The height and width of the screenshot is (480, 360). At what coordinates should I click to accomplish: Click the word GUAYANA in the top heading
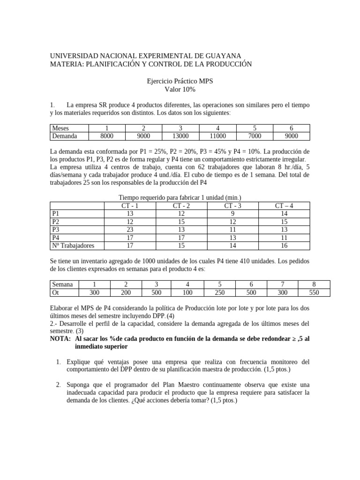[222, 55]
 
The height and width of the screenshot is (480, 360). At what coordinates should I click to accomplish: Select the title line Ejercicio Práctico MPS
[180, 81]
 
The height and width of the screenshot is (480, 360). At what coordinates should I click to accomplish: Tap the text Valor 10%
[180, 89]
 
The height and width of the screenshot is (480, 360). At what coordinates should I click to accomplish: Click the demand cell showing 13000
[180, 136]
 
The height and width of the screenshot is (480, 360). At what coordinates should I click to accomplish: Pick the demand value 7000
[255, 136]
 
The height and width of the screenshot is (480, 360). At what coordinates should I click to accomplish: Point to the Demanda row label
[64, 136]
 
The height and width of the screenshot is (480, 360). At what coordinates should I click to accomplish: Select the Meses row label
[60, 128]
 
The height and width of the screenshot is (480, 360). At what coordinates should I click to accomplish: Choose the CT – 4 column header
[285, 205]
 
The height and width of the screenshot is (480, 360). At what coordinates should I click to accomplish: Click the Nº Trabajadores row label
[73, 246]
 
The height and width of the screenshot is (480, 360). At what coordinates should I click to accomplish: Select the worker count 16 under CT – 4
[285, 246]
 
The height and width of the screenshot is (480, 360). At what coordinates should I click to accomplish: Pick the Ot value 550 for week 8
[314, 292]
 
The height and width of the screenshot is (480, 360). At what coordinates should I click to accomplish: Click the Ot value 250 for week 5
[219, 292]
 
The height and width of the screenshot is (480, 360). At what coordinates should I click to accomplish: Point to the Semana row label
[62, 285]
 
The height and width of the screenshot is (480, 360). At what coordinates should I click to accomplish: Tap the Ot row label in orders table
[56, 292]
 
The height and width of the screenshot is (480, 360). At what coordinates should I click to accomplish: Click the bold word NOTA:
[60, 338]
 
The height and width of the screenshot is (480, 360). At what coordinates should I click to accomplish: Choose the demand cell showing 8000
[106, 136]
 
